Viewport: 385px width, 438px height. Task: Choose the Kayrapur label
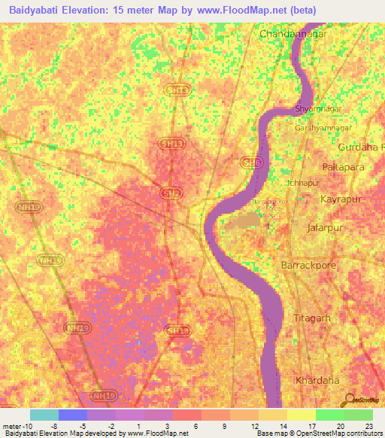(x=341, y=200)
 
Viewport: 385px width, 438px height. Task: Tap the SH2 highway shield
(x=171, y=193)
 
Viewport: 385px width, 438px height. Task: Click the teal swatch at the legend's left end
(x=44, y=415)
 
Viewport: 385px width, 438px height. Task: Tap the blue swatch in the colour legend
(x=73, y=415)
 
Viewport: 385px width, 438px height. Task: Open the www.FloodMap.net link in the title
(x=247, y=11)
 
